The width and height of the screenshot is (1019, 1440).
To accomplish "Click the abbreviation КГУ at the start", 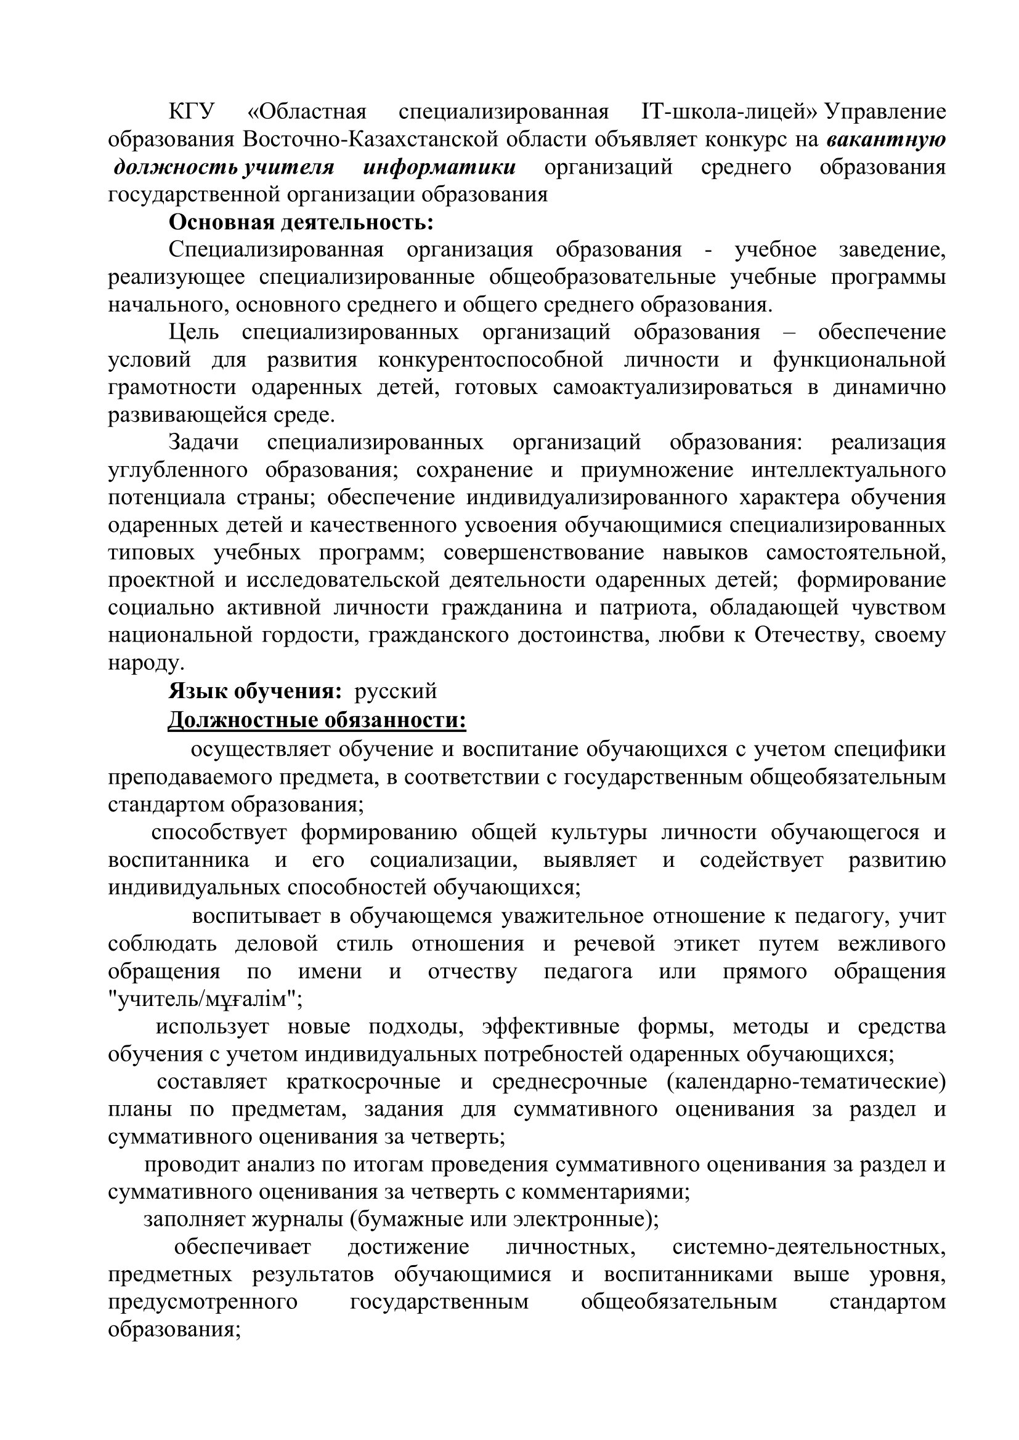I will point(192,112).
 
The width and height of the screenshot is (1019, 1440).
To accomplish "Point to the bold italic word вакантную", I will point(886,139).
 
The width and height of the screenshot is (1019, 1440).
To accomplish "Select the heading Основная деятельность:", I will point(301,222).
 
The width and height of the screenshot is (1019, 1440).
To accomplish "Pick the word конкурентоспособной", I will point(490,360).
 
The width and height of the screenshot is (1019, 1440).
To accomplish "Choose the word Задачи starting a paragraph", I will point(204,442).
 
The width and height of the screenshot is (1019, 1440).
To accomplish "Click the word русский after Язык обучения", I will point(396,691).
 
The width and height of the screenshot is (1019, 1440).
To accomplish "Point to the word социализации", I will point(444,860).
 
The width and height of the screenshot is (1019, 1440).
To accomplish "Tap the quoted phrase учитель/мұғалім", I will point(205,999).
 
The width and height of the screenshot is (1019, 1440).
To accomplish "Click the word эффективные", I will point(550,1027).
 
